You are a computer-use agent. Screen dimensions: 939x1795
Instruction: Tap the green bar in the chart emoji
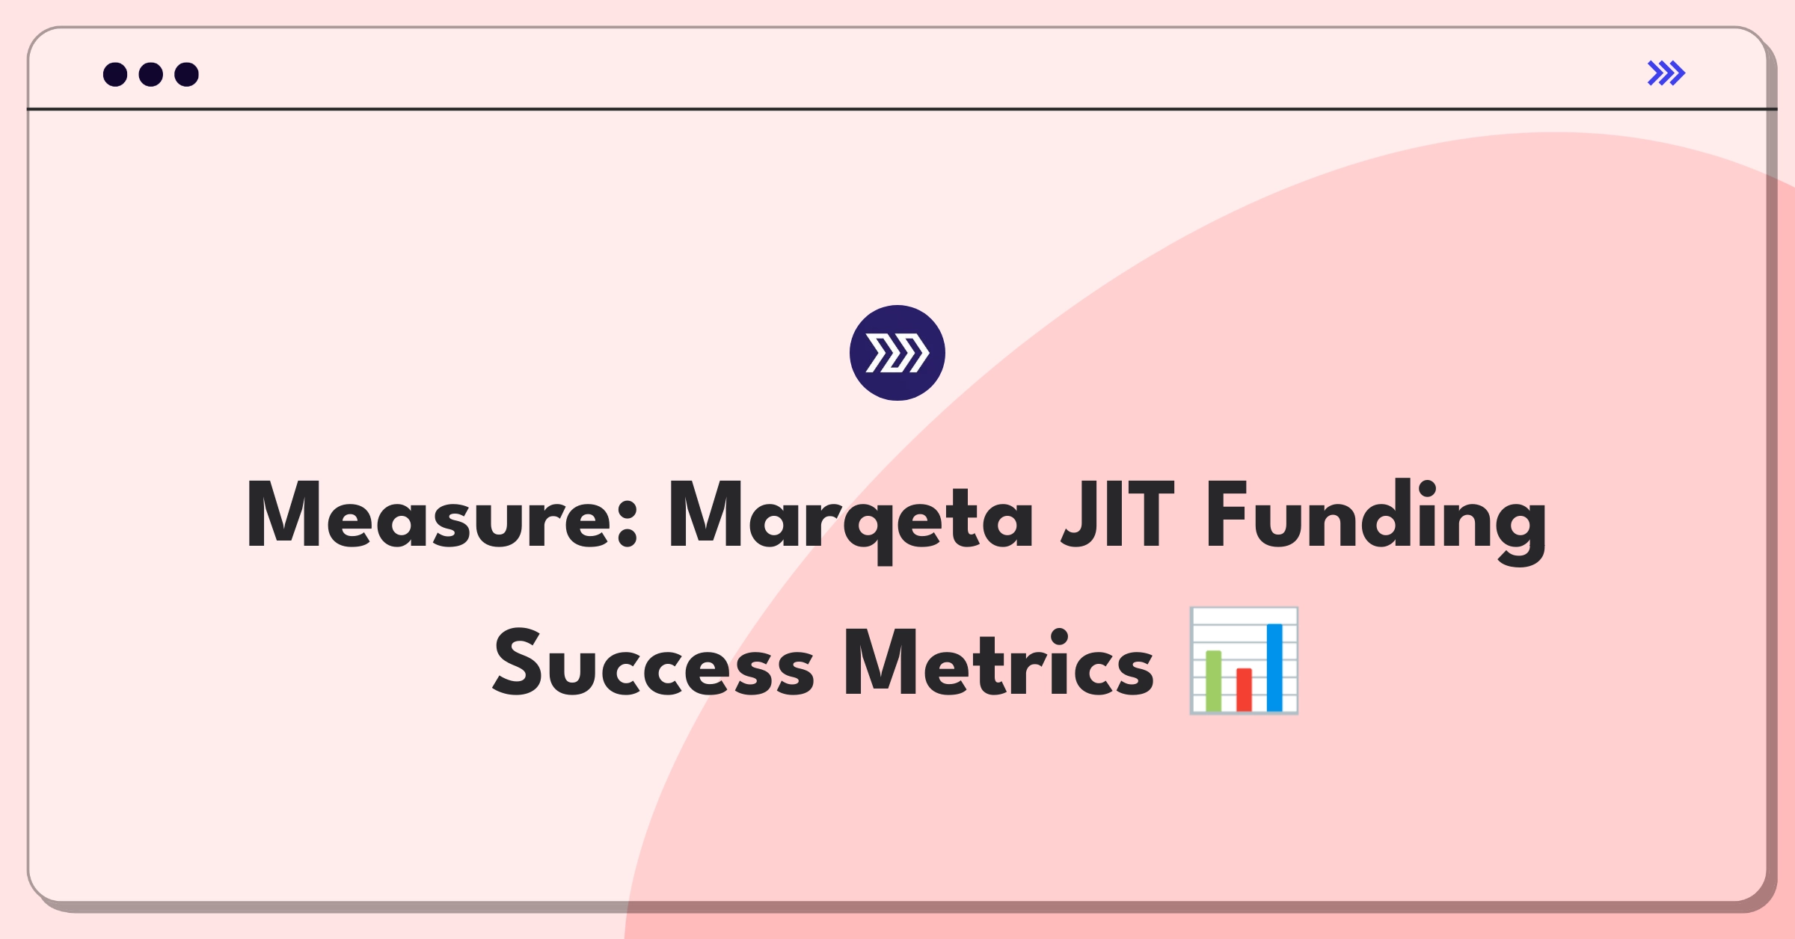(x=1213, y=680)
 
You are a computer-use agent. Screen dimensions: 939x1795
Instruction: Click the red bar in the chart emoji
(x=1244, y=689)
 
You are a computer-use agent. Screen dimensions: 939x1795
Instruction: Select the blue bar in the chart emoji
(x=1274, y=667)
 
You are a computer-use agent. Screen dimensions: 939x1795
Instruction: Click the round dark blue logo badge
(x=897, y=353)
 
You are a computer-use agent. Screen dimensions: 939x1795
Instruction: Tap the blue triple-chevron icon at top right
(x=1666, y=73)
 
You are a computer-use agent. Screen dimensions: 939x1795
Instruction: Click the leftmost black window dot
(x=115, y=74)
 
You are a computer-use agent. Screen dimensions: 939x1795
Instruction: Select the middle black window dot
(x=151, y=74)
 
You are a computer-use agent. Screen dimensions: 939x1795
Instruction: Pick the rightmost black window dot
(x=187, y=74)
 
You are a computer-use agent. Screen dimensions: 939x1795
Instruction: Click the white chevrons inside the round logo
(x=897, y=353)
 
